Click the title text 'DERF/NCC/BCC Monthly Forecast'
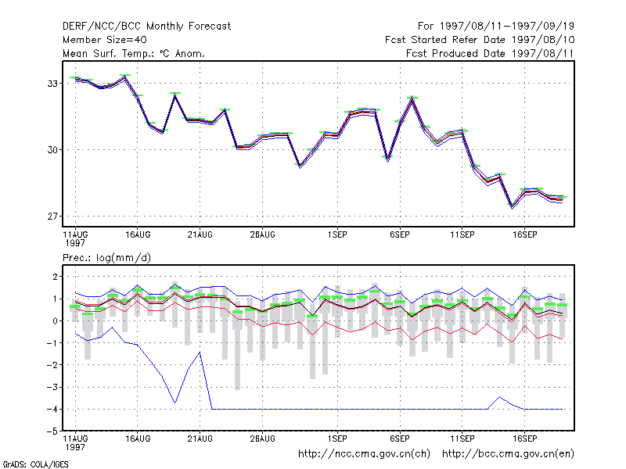146,27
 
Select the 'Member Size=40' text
105,40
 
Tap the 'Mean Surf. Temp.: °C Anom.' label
134,53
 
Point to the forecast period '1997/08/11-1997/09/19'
506,27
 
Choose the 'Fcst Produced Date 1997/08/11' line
490,53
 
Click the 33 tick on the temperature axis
52,84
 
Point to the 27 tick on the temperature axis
52,217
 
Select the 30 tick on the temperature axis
52,150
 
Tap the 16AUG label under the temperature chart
138,235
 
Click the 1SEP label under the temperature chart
337,235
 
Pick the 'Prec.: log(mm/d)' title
106,258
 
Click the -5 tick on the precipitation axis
52,431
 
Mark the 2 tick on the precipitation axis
55,277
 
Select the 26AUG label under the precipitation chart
262,439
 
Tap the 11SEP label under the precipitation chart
462,439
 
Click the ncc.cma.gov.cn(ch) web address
364,454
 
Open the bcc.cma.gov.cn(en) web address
508,454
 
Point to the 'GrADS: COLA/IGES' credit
35,464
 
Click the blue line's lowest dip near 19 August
174,403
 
